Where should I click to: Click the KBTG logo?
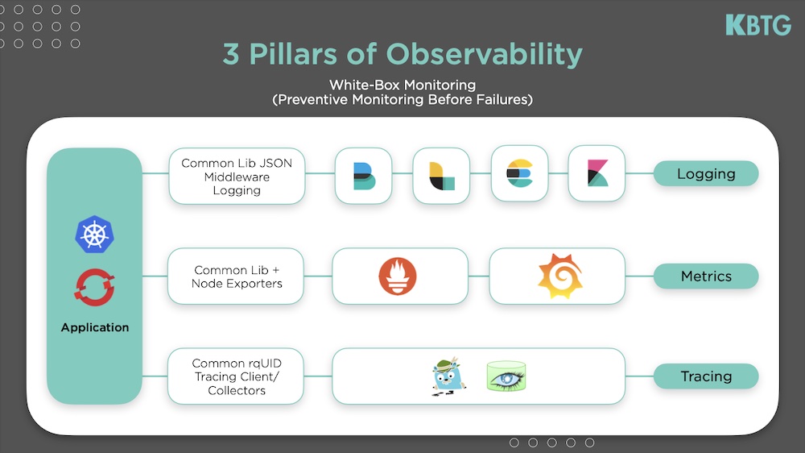click(758, 25)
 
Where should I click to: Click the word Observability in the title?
click(484, 55)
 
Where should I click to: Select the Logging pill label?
click(706, 173)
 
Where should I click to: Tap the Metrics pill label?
click(706, 276)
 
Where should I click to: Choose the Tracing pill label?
click(706, 376)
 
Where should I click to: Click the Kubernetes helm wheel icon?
click(94, 235)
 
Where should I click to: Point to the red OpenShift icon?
click(94, 288)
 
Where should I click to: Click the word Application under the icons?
click(95, 327)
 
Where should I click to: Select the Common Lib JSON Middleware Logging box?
click(237, 177)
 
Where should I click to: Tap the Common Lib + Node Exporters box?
click(236, 276)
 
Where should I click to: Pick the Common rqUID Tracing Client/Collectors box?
click(236, 376)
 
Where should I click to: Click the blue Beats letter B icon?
click(364, 176)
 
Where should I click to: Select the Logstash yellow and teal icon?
click(441, 176)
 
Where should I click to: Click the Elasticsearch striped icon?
click(519, 173)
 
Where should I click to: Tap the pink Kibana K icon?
click(597, 173)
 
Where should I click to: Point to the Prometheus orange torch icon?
click(398, 276)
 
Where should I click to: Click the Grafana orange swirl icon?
click(559, 276)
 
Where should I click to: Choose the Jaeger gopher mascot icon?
click(448, 376)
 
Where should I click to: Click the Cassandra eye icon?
click(506, 376)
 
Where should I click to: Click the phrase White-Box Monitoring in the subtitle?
click(402, 85)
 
